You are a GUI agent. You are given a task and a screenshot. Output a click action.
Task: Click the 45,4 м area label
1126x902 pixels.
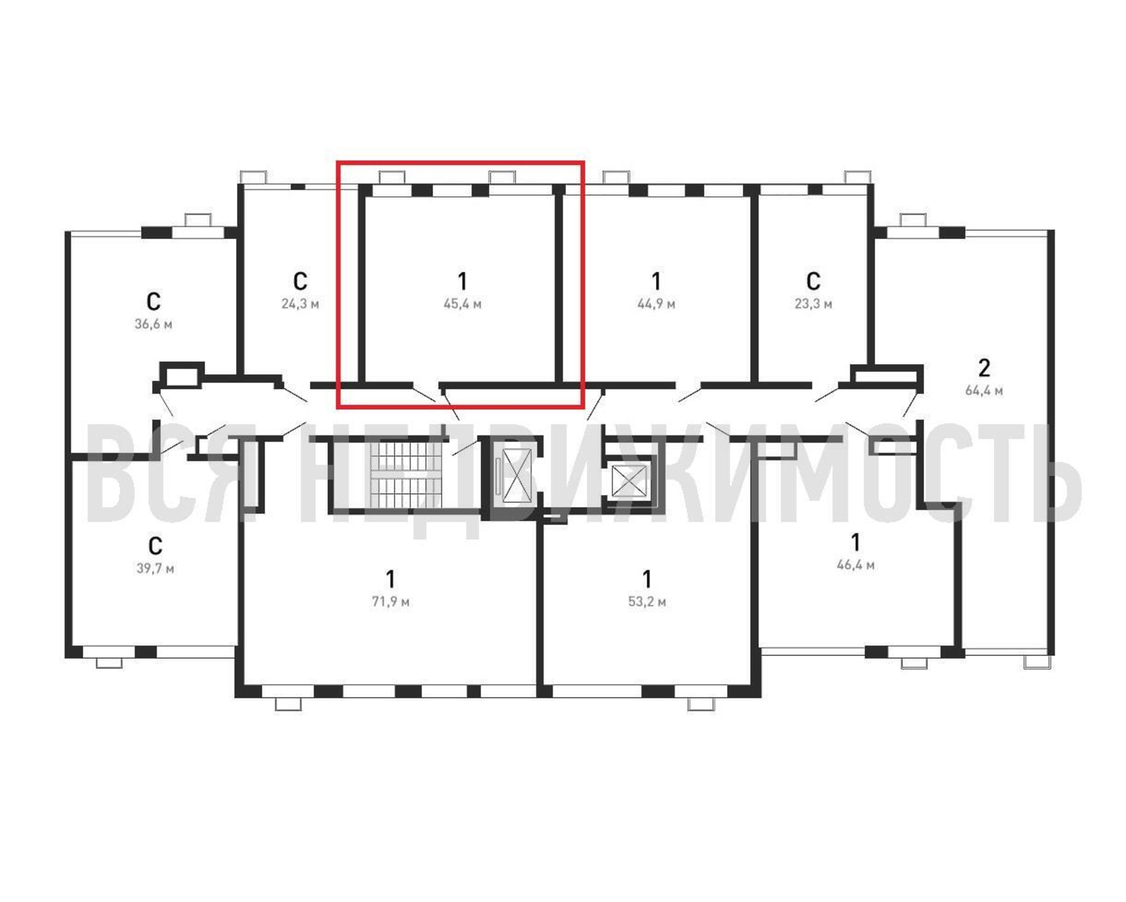click(462, 304)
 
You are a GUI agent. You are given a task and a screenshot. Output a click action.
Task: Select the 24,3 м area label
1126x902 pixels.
click(300, 304)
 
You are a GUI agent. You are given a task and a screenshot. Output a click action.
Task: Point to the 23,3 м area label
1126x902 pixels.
click(813, 304)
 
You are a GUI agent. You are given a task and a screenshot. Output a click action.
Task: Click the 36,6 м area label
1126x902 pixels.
click(153, 324)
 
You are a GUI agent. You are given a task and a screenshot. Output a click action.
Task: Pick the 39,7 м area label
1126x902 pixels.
click(155, 568)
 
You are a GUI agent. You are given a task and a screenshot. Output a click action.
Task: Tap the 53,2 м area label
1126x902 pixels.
click(647, 602)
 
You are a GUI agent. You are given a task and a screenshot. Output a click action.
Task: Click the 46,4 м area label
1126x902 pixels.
click(856, 565)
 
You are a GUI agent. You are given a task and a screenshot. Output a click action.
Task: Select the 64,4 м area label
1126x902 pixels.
click(984, 391)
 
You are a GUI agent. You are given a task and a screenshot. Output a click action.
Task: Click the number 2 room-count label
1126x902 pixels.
click(984, 368)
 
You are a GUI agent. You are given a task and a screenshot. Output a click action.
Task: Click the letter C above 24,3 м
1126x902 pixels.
click(300, 281)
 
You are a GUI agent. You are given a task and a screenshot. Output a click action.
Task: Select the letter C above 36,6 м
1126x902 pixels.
click(153, 302)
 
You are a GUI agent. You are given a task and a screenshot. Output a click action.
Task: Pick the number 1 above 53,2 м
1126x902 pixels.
click(647, 580)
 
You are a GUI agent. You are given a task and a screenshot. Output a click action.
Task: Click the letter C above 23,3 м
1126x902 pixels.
click(813, 281)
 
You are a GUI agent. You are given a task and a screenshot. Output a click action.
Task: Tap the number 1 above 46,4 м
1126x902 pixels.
click(856, 543)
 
